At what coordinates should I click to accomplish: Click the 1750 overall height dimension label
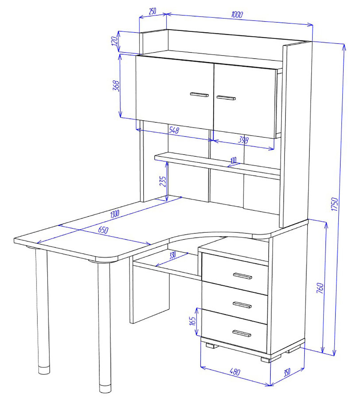(334, 204)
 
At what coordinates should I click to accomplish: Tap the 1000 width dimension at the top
(237, 14)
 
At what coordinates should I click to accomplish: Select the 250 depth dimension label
(152, 11)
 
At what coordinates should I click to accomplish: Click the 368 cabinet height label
(116, 86)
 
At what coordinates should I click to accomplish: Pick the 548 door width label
(174, 130)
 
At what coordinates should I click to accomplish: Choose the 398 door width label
(243, 140)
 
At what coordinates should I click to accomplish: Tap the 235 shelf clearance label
(163, 181)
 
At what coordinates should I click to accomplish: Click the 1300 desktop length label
(115, 214)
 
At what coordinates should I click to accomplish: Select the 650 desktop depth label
(103, 230)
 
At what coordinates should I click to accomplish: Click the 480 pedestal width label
(235, 372)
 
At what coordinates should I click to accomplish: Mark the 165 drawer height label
(193, 321)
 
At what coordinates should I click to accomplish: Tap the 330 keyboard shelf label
(172, 255)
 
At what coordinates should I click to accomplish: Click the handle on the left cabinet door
(199, 95)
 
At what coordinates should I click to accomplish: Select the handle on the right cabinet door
(226, 98)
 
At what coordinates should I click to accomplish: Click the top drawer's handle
(242, 276)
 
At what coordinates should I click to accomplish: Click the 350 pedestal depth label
(287, 372)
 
